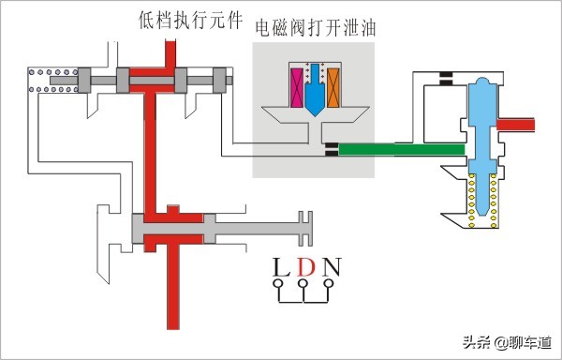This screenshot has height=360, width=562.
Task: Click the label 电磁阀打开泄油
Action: [314, 29]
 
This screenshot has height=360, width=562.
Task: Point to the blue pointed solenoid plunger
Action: [315, 92]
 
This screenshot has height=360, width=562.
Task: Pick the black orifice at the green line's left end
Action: [331, 148]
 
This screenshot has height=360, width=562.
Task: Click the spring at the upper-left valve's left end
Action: [48, 82]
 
